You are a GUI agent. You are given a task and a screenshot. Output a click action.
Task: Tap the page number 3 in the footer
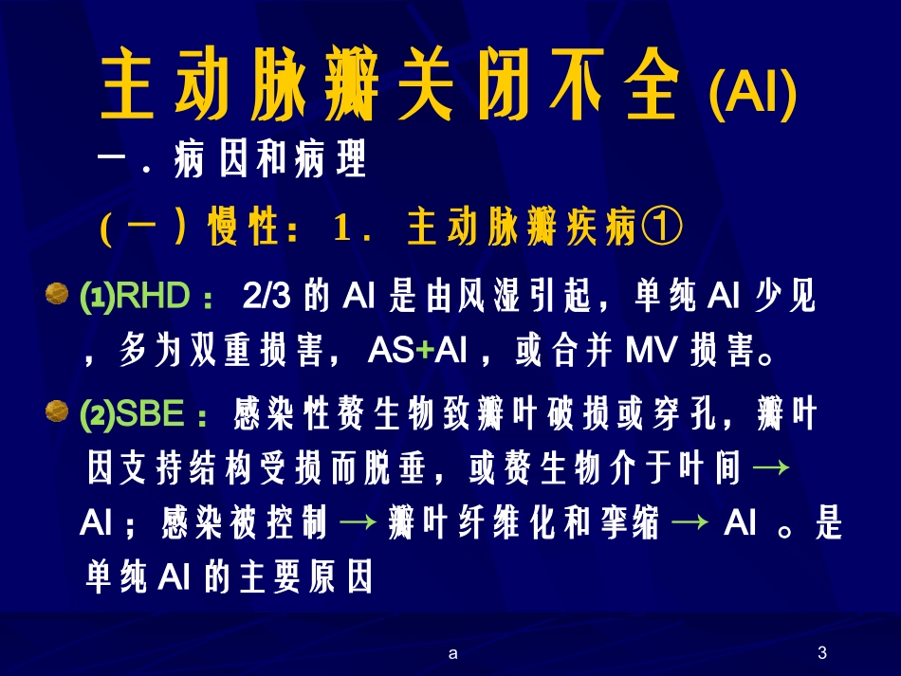[821, 652]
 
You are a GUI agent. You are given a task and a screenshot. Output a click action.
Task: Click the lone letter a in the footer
[452, 652]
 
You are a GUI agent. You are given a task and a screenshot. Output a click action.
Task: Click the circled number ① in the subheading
[660, 228]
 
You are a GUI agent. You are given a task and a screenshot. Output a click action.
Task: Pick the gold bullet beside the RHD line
[57, 297]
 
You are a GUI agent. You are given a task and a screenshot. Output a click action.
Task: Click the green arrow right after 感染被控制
[357, 523]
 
